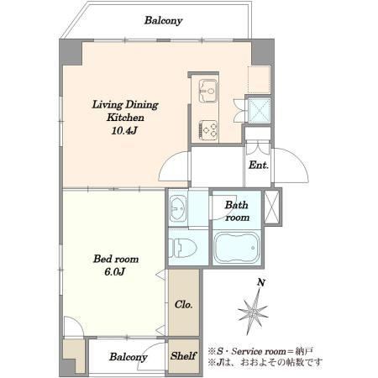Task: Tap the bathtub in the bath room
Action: [237, 248]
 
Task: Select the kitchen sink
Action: [207, 91]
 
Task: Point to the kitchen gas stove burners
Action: [208, 129]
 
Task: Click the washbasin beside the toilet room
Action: [178, 208]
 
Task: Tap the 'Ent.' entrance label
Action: [259, 165]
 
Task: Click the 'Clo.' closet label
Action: [183, 304]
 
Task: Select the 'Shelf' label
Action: [183, 356]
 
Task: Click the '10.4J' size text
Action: [124, 130]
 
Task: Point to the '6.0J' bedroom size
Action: [114, 271]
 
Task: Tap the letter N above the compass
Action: [261, 282]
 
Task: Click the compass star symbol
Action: [253, 312]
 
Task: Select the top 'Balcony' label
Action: [163, 20]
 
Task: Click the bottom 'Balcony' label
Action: [129, 357]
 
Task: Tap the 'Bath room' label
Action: [237, 211]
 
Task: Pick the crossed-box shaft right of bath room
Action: [271, 207]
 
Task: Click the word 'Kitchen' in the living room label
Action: [125, 118]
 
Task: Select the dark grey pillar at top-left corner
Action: [70, 52]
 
